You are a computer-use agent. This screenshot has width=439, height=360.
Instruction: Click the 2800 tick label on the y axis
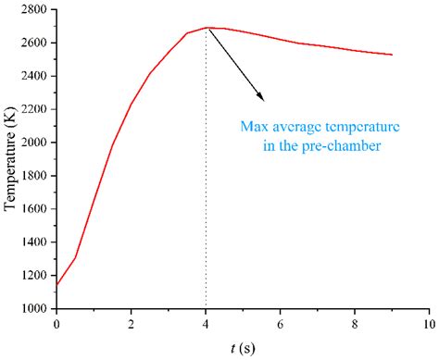coord(35,10)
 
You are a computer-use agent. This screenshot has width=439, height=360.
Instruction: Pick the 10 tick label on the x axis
coord(428,324)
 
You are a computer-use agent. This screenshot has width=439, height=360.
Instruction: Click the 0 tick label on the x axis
coord(56,324)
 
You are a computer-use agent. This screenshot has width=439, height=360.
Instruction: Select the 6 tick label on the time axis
coord(280,324)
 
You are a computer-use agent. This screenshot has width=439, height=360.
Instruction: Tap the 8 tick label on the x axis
coord(355,324)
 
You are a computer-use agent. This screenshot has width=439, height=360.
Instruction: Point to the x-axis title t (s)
coord(242,349)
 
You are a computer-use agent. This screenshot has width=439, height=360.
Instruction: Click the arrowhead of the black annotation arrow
coord(263,98)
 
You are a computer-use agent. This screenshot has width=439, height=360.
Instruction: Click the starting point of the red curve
coord(56,285)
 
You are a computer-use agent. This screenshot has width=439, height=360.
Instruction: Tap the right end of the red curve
coord(392,55)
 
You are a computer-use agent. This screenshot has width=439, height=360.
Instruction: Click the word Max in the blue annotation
coord(253,127)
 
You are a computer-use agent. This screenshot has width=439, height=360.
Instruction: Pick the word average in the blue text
coord(294,127)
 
